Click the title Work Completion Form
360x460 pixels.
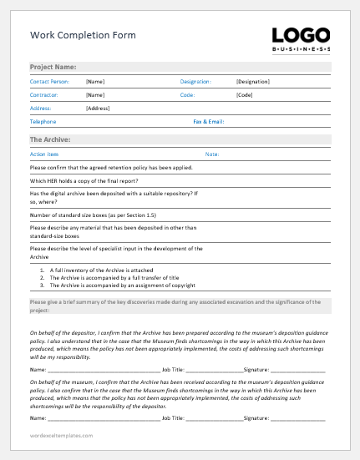pyautogui.click(x=83, y=36)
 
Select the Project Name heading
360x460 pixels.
pyautogui.click(x=53, y=67)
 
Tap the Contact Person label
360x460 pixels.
pyautogui.click(x=50, y=82)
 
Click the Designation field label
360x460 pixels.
pyautogui.click(x=196, y=82)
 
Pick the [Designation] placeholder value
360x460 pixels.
pyautogui.click(x=254, y=82)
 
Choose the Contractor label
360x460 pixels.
pyautogui.click(x=44, y=95)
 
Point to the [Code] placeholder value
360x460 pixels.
pyautogui.click(x=245, y=95)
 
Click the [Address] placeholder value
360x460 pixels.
pyautogui.click(x=99, y=109)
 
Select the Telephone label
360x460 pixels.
pyautogui.click(x=43, y=122)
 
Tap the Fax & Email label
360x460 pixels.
pyautogui.click(x=209, y=122)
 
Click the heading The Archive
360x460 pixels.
pyautogui.click(x=50, y=139)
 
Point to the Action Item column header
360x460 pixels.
pyautogui.click(x=44, y=154)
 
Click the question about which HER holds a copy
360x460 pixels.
pyautogui.click(x=84, y=181)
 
